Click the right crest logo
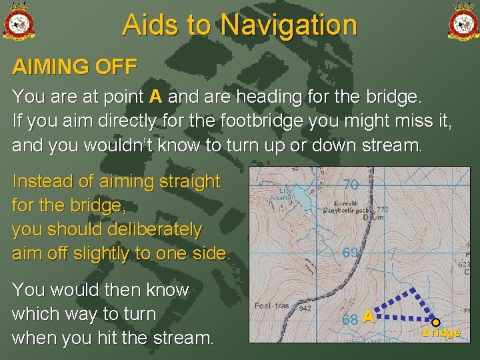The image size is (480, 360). [463, 21]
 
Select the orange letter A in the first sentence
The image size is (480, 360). [156, 97]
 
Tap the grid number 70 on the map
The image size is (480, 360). [351, 184]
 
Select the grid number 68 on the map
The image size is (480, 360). [350, 319]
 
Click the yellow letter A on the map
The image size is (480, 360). [368, 318]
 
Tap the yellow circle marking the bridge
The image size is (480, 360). [435, 322]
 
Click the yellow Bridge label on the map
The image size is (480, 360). [441, 333]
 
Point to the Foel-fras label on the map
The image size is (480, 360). [272, 307]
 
